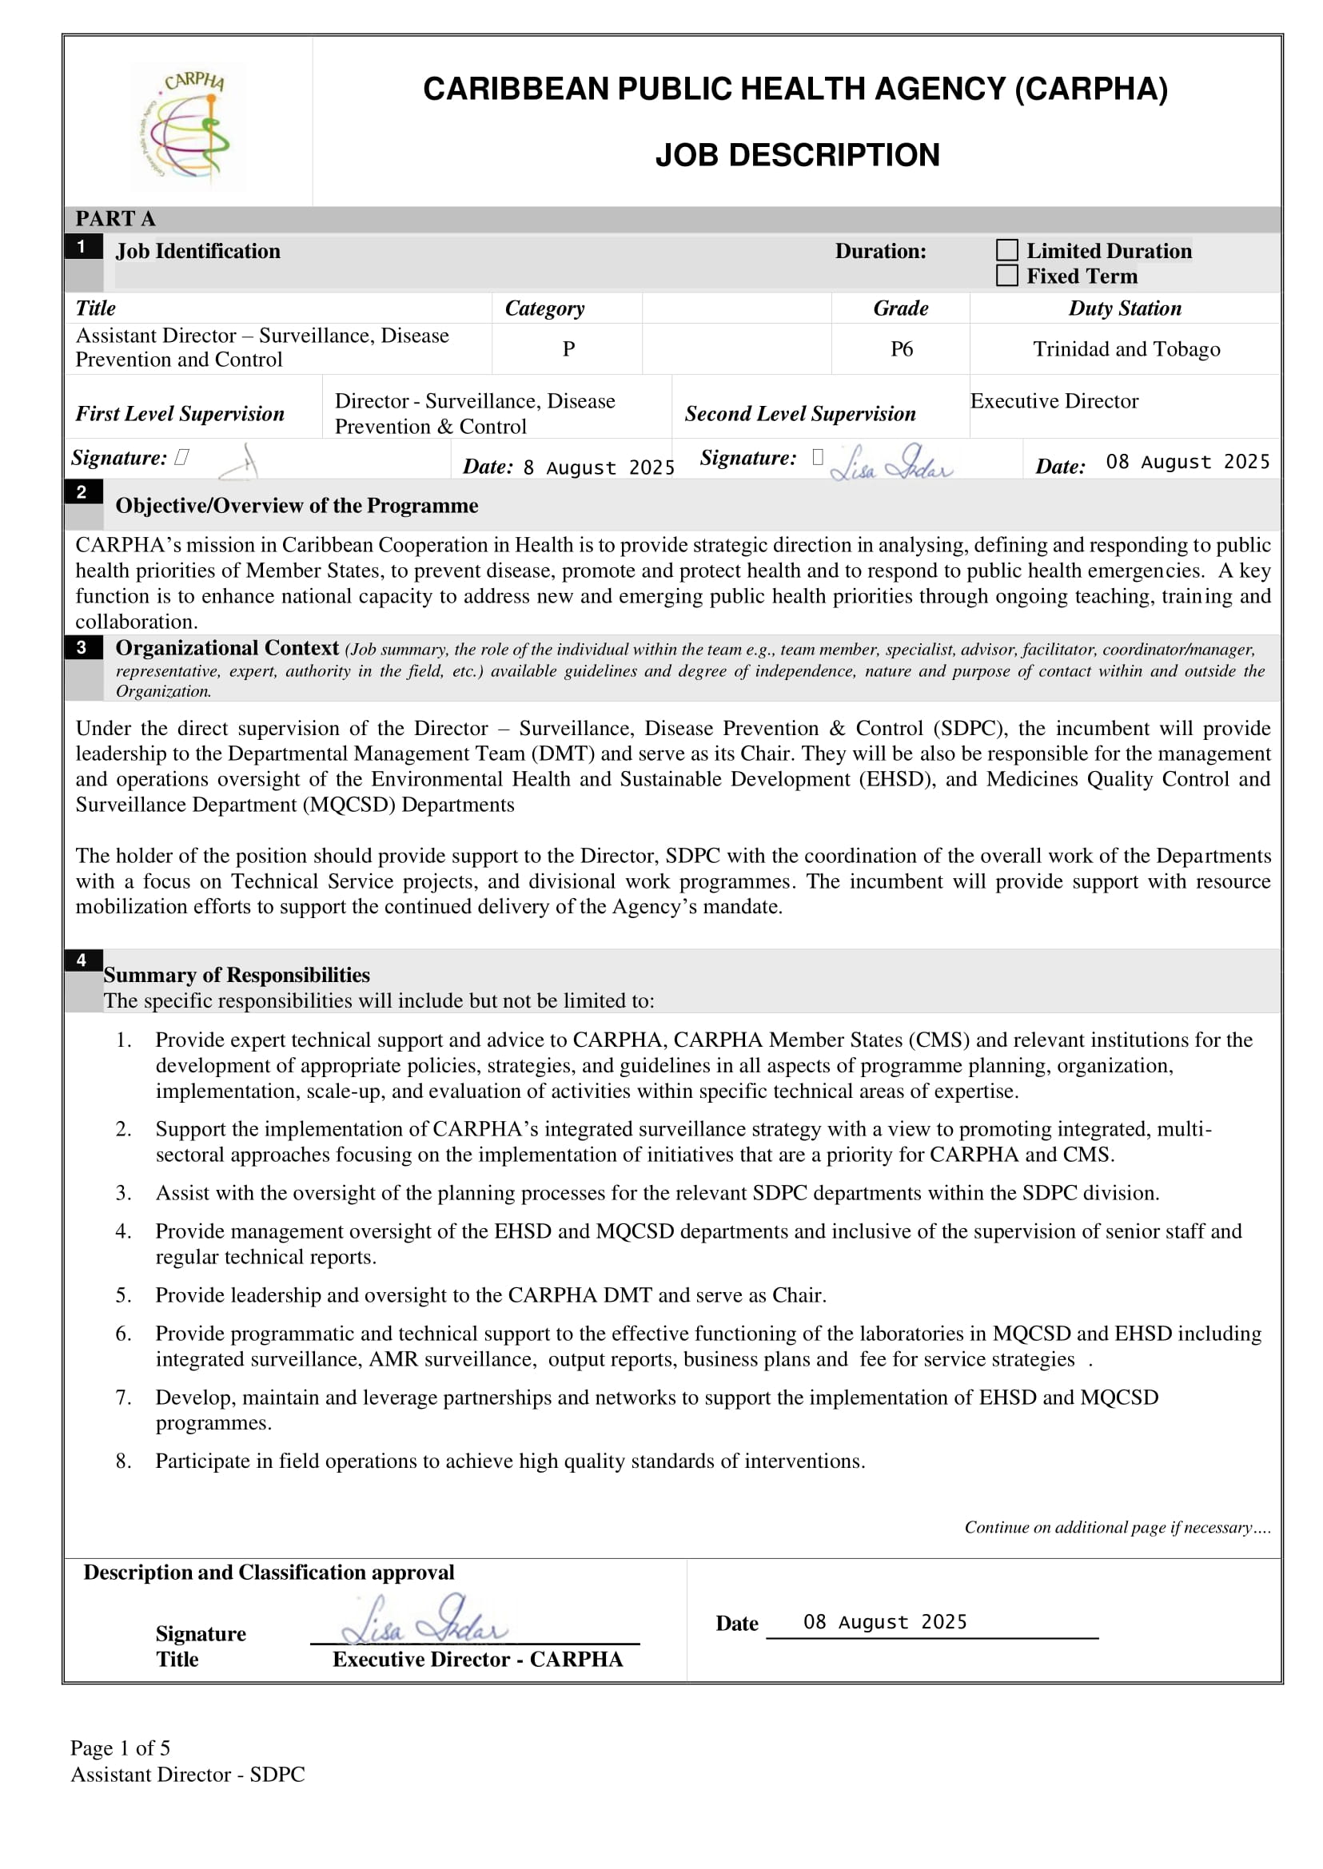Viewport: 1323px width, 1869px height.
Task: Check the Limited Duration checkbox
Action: pyautogui.click(x=1007, y=250)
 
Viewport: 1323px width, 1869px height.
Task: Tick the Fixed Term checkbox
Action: pyautogui.click(x=1007, y=276)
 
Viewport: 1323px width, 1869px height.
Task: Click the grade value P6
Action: pyautogui.click(x=901, y=349)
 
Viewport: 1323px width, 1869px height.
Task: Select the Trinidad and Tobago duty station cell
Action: pyautogui.click(x=1126, y=349)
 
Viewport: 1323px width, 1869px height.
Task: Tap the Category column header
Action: pyautogui.click(x=544, y=308)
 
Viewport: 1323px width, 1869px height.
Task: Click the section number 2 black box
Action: pyautogui.click(x=82, y=492)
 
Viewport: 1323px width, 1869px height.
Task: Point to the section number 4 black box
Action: pyautogui.click(x=82, y=960)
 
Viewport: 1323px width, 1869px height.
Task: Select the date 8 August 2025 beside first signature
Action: pyautogui.click(x=598, y=467)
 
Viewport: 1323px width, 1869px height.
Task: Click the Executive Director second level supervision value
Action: pyautogui.click(x=1054, y=400)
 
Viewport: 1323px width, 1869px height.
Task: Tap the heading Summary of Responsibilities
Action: pyautogui.click(x=237, y=975)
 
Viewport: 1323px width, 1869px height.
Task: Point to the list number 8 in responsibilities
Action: pyautogui.click(x=123, y=1461)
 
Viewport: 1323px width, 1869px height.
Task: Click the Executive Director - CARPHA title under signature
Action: pyautogui.click(x=477, y=1659)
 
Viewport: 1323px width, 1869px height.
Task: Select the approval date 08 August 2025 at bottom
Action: pyautogui.click(x=885, y=1621)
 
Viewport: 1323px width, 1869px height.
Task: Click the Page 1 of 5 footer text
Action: pyautogui.click(x=120, y=1748)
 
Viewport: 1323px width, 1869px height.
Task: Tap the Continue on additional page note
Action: pyautogui.click(x=1117, y=1527)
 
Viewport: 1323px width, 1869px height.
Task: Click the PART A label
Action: pyautogui.click(x=115, y=218)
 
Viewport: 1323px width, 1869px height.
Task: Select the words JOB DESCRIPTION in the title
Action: pyautogui.click(x=797, y=155)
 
